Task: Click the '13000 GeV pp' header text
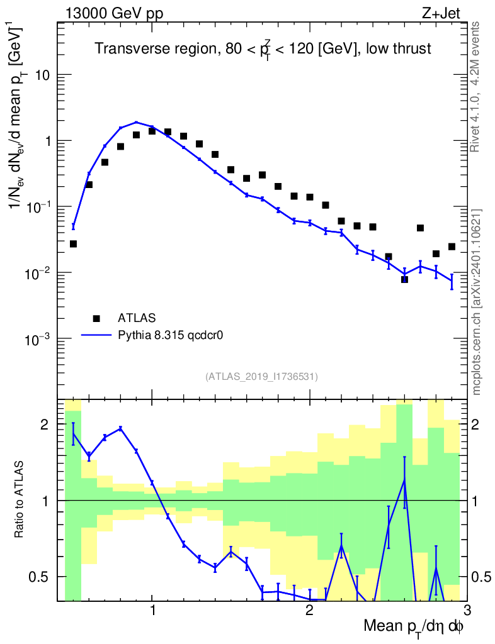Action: (x=113, y=14)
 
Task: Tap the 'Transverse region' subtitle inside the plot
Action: (x=263, y=50)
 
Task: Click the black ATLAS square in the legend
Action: (x=96, y=318)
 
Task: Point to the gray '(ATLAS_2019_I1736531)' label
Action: (x=261, y=377)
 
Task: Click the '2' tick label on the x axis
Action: (x=309, y=611)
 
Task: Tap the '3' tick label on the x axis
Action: (x=466, y=611)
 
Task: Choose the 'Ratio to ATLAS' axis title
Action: (x=20, y=500)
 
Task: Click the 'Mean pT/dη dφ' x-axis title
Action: (x=414, y=626)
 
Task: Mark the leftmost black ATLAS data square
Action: (x=73, y=243)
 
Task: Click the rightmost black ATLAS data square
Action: (x=452, y=247)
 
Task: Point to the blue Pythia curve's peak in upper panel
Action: (x=136, y=123)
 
